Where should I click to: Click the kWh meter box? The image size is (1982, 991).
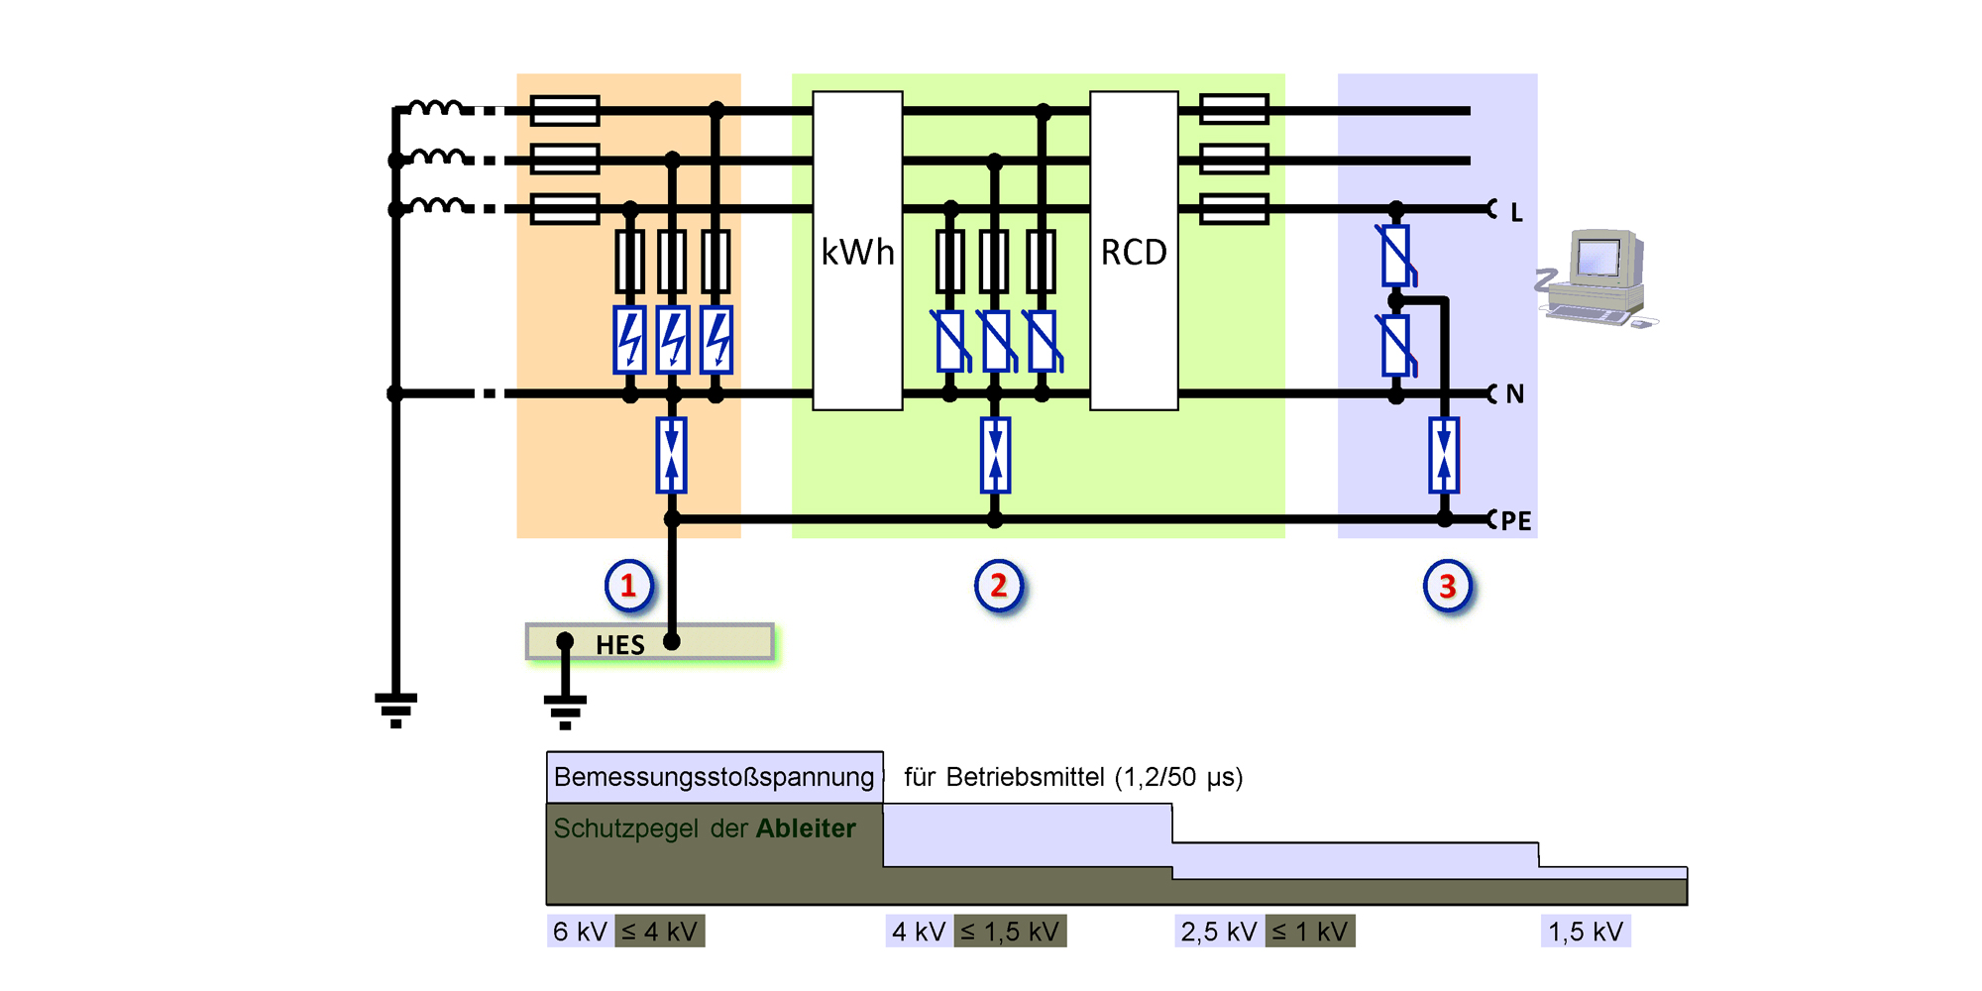point(857,251)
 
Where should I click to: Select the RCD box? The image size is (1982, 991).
point(1134,251)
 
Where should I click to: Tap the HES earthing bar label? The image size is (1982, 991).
point(619,645)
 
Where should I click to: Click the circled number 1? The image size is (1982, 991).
point(628,586)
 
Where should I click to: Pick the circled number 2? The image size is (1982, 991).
point(999,586)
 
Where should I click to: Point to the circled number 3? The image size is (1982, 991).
point(1447,586)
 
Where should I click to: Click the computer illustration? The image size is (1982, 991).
point(1596,276)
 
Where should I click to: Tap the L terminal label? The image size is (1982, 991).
point(1516,212)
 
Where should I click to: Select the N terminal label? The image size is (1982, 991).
point(1514,394)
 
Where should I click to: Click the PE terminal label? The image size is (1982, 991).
point(1515,521)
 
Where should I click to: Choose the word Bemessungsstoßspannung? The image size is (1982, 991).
point(714,777)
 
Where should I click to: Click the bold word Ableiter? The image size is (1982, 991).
point(806,828)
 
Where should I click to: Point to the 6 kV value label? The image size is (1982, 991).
point(580,932)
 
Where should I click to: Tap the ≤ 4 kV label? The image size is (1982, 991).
point(660,932)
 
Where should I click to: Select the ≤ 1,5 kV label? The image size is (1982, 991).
point(1010,932)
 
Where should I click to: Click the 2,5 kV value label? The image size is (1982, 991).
point(1218,932)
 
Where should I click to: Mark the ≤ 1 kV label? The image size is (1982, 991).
point(1309,932)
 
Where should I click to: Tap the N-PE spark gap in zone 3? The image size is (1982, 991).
point(1444,456)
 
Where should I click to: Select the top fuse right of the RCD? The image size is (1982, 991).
point(1234,109)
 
